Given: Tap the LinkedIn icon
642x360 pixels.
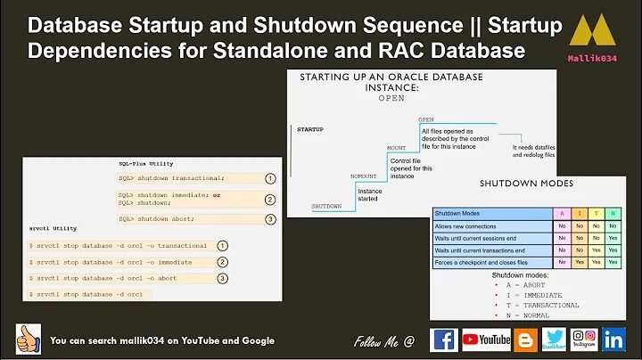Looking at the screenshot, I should [x=613, y=340].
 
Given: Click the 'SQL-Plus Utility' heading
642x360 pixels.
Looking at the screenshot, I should [x=146, y=163].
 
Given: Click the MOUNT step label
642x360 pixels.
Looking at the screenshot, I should [x=396, y=148].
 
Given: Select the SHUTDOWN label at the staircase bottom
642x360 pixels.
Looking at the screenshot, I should [x=326, y=206].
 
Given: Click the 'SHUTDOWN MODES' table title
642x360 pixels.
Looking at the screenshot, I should [x=526, y=184].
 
